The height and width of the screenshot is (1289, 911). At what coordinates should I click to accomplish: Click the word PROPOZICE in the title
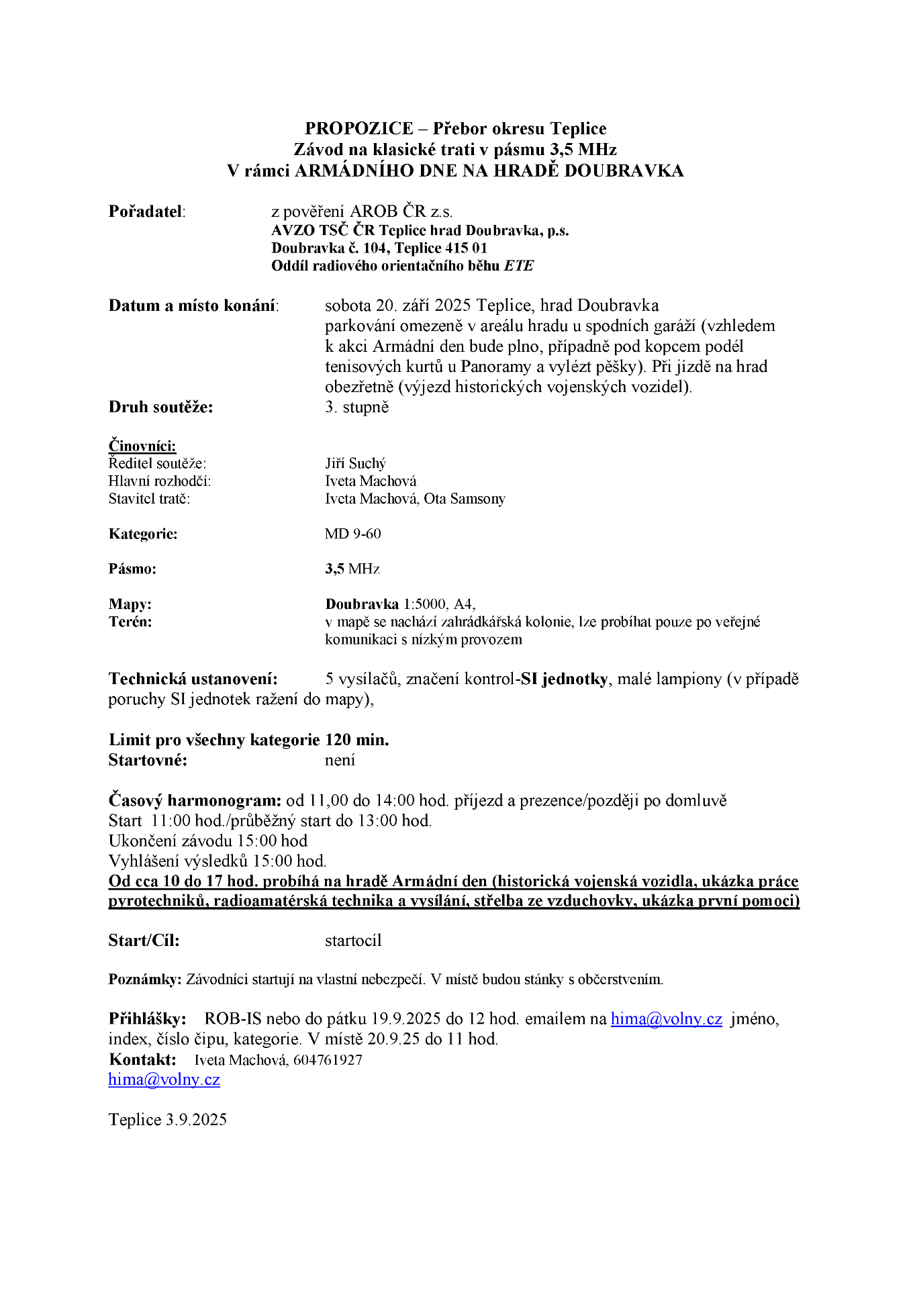359,128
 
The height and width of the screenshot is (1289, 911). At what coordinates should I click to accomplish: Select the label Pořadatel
146,211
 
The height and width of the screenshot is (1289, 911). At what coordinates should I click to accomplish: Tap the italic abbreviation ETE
519,266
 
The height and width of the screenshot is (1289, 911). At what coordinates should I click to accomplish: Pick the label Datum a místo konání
193,305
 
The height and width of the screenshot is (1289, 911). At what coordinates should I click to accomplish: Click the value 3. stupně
356,407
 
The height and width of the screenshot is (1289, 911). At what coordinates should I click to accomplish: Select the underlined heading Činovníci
142,446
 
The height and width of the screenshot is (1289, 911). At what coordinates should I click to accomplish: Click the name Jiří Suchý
355,463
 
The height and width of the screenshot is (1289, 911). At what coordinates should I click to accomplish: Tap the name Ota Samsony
465,499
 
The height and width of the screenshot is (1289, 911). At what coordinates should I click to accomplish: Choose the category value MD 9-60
352,534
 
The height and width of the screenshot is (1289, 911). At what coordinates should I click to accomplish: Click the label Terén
130,622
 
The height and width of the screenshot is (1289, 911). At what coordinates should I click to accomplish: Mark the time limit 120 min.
357,740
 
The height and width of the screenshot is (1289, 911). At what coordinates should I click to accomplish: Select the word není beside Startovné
340,760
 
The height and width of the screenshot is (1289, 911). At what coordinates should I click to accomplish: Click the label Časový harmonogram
195,800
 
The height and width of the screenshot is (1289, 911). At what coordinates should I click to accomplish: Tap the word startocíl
353,941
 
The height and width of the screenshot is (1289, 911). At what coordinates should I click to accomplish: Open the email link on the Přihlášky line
666,1019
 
